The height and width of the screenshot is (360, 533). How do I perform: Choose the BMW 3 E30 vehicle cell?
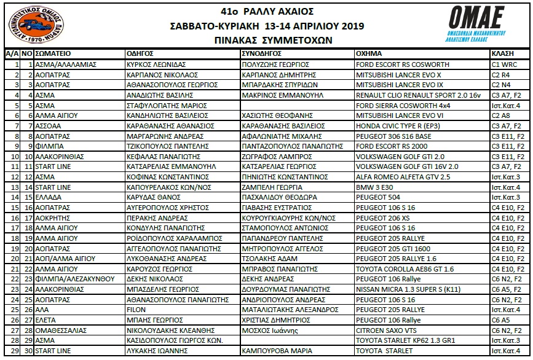pos(376,187)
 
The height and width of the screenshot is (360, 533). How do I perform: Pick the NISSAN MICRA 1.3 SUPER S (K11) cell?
pos(406,289)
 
